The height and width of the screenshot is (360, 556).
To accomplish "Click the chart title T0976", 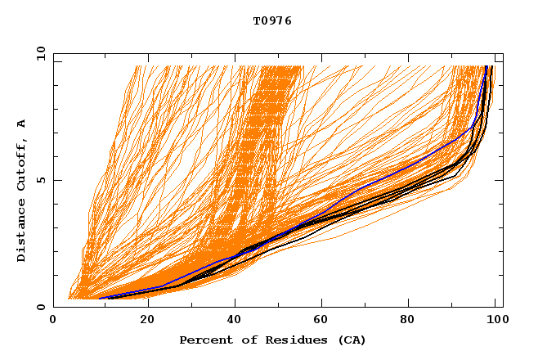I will pyautogui.click(x=272, y=20).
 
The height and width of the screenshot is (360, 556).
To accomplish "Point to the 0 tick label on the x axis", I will pyautogui.click(x=53, y=322).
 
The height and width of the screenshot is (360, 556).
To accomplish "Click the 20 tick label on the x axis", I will pyautogui.click(x=147, y=322).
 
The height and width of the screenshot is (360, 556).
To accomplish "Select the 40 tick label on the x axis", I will pyautogui.click(x=235, y=322).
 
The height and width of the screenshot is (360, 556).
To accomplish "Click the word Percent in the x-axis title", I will pyautogui.click(x=202, y=340).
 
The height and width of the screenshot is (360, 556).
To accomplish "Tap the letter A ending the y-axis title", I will pyautogui.click(x=21, y=124).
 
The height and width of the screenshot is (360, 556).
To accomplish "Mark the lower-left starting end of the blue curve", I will pyautogui.click(x=100, y=298).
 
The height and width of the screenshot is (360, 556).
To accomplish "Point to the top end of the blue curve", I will pyautogui.click(x=486, y=66).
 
